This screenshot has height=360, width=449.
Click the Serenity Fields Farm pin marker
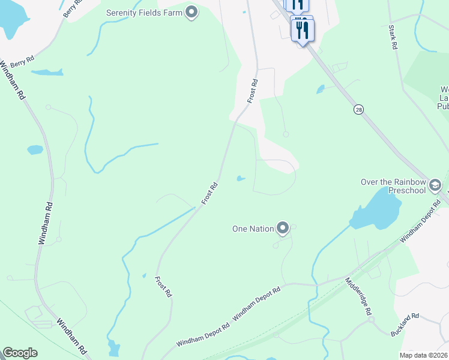click(191, 12)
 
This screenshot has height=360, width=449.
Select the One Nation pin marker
click(283, 228)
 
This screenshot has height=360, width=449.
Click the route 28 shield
click(358, 109)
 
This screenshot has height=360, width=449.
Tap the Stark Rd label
click(393, 37)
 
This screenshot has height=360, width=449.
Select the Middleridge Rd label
click(359, 297)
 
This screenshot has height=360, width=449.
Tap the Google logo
click(20, 353)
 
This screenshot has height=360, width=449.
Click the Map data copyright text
click(424, 355)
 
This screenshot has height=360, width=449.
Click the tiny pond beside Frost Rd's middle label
click(241, 178)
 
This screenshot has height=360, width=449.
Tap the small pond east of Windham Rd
click(35, 149)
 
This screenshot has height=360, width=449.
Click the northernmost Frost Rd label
click(254, 91)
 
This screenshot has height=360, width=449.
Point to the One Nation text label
click(252, 229)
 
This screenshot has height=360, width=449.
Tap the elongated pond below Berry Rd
click(47, 73)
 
